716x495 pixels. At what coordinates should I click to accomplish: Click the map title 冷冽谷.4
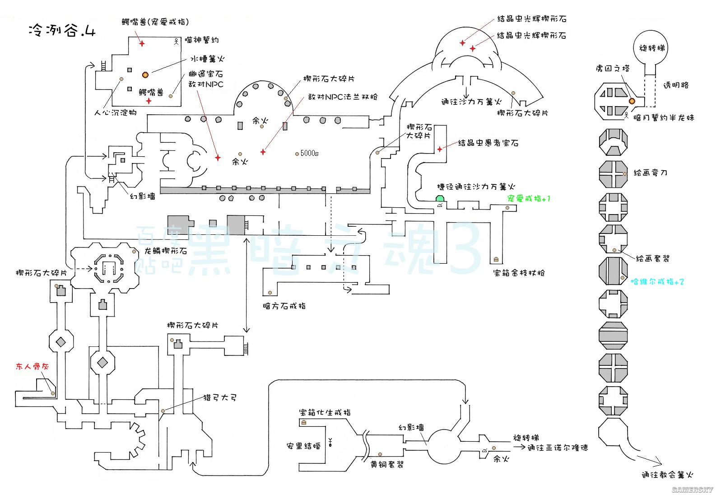point(62,30)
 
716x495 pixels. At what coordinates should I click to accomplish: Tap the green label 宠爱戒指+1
point(529,199)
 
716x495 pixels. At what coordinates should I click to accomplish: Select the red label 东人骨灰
point(32,366)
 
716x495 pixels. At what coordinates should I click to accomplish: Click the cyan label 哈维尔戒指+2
point(657,282)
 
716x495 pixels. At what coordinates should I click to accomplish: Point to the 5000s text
point(309,154)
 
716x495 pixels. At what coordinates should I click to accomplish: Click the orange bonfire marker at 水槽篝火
point(145,75)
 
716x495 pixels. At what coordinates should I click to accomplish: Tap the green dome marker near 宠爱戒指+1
point(440,199)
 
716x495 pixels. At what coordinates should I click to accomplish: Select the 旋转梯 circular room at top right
point(652,47)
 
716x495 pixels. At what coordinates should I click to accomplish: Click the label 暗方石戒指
point(284,306)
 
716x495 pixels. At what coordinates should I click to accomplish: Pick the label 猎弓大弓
point(220,398)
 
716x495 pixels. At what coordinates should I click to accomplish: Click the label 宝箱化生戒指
point(325,412)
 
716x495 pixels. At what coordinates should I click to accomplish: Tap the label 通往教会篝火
point(667,475)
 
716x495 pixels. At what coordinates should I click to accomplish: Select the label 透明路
point(675,85)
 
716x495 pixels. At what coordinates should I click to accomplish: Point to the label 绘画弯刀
point(651,173)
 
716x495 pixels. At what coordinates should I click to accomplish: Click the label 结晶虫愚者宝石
point(488,143)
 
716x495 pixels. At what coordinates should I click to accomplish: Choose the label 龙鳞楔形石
point(166,251)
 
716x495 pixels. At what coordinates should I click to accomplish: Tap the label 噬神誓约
point(202,40)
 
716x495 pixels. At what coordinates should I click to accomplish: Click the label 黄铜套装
point(387,464)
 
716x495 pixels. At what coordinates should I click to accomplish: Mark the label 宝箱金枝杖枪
point(519,273)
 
